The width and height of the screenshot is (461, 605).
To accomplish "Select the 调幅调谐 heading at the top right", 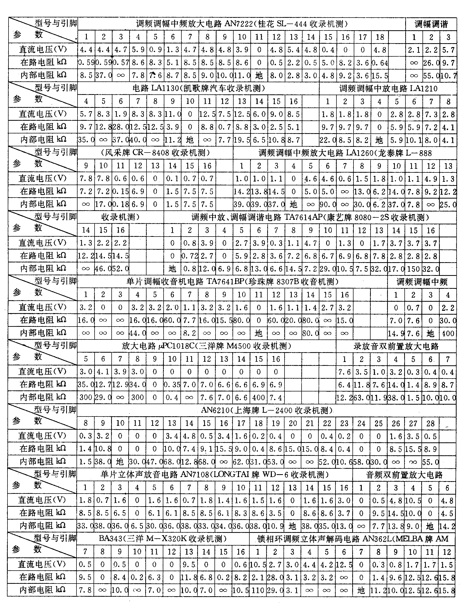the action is (431, 24).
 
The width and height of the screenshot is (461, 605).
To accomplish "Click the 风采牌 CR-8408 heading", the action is (155, 153).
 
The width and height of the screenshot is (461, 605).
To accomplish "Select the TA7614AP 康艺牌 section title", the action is (310, 217).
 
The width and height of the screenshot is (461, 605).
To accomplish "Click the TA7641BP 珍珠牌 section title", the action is (232, 282).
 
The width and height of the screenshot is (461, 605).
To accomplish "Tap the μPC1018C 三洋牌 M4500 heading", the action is (206, 346).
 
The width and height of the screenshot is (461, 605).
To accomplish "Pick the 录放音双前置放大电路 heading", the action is (396, 346).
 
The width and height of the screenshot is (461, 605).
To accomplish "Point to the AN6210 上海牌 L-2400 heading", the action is (266, 410).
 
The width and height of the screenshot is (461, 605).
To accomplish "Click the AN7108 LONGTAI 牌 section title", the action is (214, 475).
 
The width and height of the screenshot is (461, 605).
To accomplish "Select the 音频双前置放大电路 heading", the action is (404, 475).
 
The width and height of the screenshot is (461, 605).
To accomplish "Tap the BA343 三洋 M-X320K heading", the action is (163, 539).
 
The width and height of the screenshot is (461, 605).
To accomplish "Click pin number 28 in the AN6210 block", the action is (430, 423).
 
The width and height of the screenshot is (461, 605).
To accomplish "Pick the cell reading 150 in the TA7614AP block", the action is (413, 269).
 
